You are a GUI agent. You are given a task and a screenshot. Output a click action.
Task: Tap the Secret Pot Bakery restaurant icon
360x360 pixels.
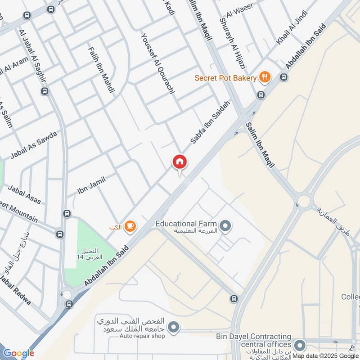pyautogui.click(x=265, y=78)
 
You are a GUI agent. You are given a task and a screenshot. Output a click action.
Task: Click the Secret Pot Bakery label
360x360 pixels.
pyautogui.click(x=225, y=78)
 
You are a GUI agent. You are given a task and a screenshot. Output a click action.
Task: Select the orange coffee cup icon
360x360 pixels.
pyautogui.click(x=130, y=227)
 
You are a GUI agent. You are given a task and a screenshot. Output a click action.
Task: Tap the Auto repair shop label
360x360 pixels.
pyautogui.click(x=142, y=336)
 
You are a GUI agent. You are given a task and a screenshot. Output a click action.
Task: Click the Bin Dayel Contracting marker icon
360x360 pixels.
pyautogui.click(x=299, y=346)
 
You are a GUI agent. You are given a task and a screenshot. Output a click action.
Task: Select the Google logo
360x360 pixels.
pyautogui.click(x=18, y=353)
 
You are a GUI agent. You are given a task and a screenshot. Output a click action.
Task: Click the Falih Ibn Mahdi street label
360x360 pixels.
pyautogui.click(x=101, y=70)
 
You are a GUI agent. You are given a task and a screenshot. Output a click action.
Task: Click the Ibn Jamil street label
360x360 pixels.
pyautogui.click(x=91, y=185)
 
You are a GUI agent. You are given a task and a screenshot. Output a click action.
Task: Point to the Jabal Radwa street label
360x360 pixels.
pyautogui.click(x=16, y=290)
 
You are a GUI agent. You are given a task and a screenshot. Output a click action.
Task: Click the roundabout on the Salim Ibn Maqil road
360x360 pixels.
pyautogui.click(x=304, y=201)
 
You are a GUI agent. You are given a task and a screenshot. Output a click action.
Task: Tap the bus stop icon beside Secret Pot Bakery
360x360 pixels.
pyautogui.click(x=283, y=77)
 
